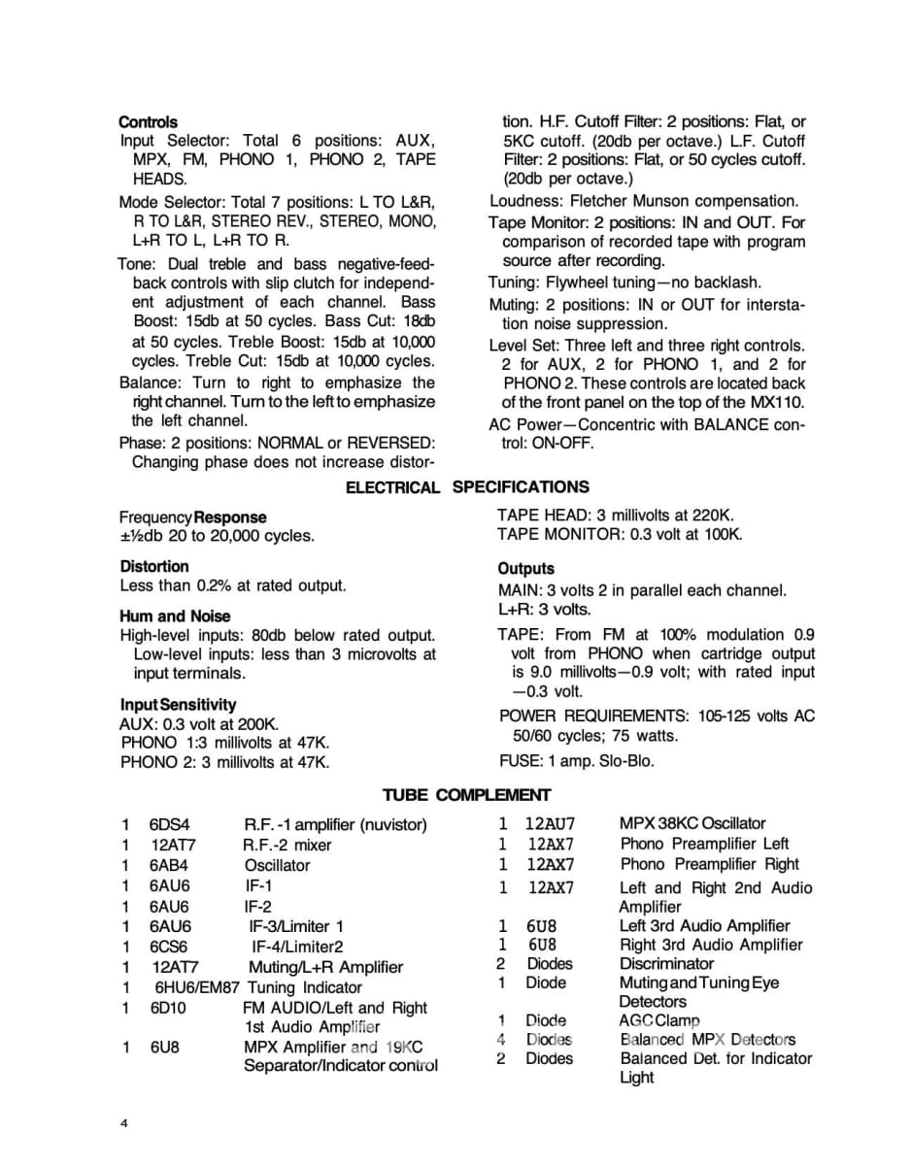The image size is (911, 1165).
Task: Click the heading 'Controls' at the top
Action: point(148,122)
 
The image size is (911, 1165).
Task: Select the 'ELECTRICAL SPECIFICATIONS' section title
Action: point(467,487)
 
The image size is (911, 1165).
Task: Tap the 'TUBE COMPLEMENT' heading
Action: point(466,795)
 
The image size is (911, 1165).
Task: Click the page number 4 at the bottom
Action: point(123,1124)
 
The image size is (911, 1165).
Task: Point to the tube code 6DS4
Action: point(170,825)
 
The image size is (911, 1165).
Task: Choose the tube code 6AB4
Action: point(169,865)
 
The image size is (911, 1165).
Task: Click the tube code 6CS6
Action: point(169,947)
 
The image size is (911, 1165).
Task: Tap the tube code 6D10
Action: point(168,1008)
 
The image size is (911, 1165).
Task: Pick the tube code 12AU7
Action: point(551,824)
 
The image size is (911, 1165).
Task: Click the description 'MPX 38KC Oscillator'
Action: point(692,823)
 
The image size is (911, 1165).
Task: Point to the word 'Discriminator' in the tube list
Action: point(666,964)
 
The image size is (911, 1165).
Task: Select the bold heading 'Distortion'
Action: point(154,566)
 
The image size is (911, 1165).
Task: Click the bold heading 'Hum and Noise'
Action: point(175,616)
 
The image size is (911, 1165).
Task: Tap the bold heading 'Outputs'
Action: point(525,569)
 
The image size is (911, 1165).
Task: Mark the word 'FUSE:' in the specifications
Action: point(521,761)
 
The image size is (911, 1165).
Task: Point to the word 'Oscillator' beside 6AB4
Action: point(278,865)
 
